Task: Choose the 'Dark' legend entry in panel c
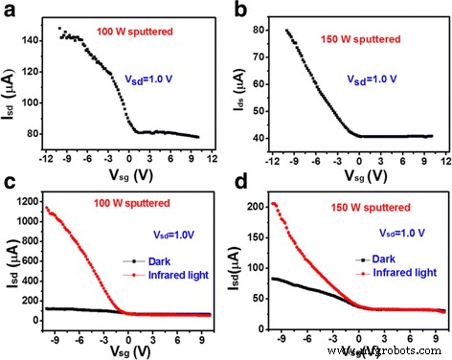(x=161, y=259)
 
